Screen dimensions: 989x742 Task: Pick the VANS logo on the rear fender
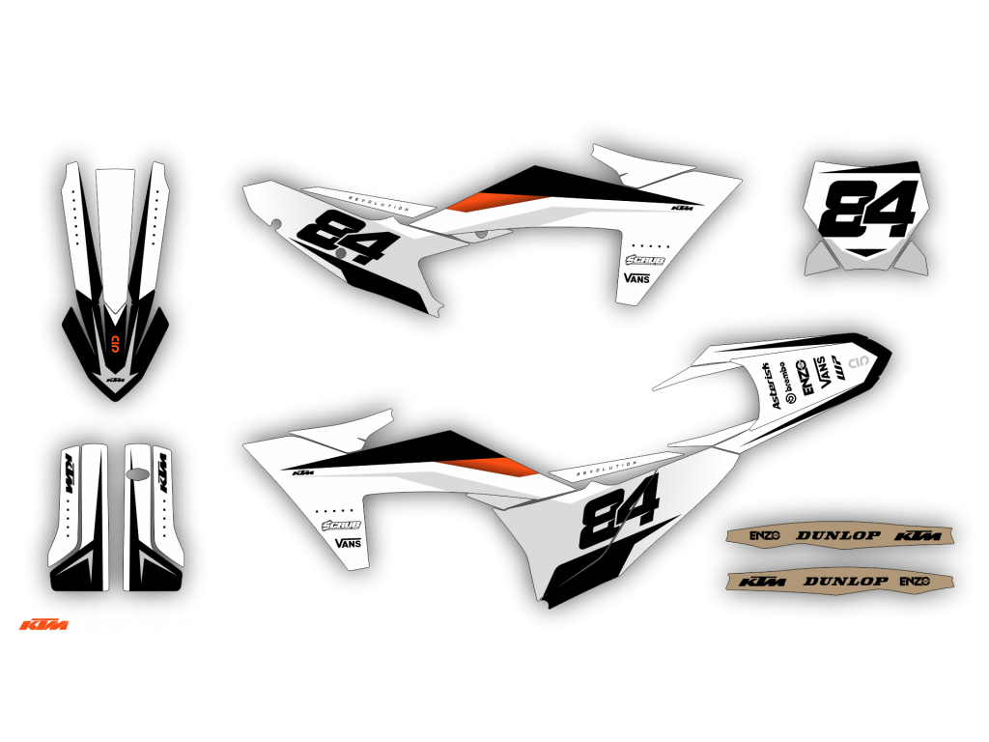point(822,372)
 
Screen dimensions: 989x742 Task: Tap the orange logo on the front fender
point(115,344)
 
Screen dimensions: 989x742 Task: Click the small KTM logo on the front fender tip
point(115,381)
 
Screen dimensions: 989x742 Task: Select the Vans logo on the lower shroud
point(347,543)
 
